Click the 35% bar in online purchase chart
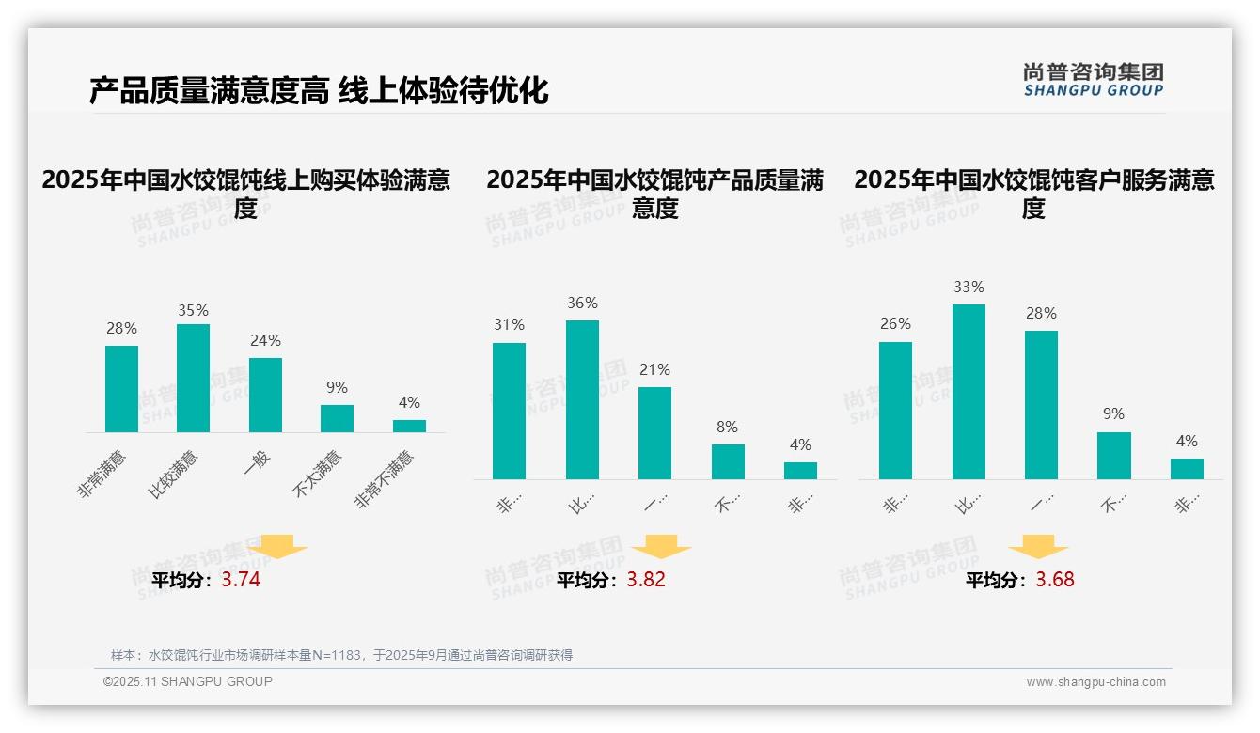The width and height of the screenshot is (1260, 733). tap(193, 378)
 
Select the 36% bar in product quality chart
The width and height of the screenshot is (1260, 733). tap(582, 399)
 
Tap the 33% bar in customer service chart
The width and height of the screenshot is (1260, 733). tap(969, 392)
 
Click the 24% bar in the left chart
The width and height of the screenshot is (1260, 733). tap(265, 395)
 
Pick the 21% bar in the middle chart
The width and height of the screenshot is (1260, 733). tap(654, 432)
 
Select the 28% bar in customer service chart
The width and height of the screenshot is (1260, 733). tap(1041, 404)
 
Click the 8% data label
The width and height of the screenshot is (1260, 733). tap(727, 427)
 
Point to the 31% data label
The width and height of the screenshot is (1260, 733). tap(509, 324)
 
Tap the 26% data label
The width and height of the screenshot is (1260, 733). tap(895, 323)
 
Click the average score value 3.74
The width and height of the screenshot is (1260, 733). tap(241, 580)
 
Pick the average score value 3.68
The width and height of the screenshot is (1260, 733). tap(1054, 580)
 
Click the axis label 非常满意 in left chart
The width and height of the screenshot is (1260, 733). tap(103, 476)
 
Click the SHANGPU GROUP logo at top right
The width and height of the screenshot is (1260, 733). tap(1093, 80)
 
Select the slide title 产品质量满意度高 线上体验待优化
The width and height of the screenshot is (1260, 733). tap(319, 91)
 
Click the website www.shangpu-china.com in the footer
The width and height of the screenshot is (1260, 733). tap(1095, 682)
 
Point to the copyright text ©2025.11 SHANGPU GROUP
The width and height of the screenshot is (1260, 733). tap(188, 681)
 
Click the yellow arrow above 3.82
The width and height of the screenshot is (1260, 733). tap(661, 547)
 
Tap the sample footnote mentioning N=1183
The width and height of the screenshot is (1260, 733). tap(341, 655)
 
